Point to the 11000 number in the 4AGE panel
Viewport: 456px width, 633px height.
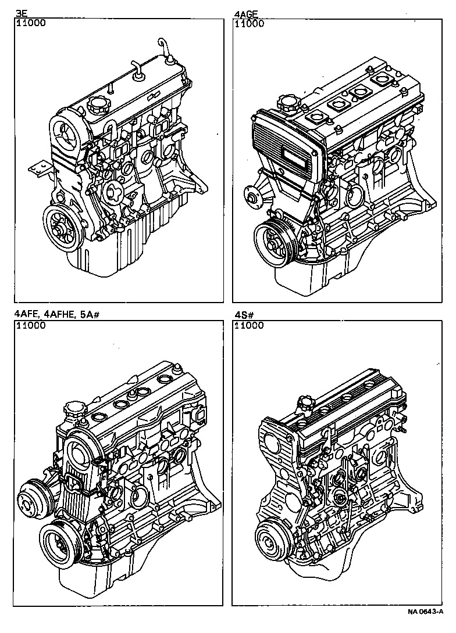click(x=248, y=24)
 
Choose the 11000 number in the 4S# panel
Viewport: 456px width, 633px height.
click(x=248, y=325)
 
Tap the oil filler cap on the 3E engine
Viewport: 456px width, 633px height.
click(x=95, y=106)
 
